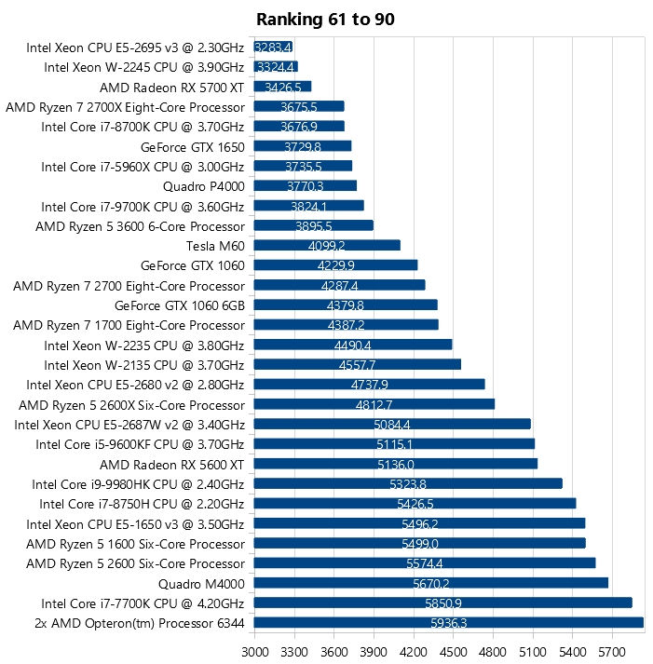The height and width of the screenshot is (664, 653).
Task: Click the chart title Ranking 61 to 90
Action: [326, 19]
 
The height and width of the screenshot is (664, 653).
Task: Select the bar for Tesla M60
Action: [327, 246]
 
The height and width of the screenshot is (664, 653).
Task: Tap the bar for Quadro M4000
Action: [430, 584]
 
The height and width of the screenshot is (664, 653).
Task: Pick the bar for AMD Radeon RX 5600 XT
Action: [395, 464]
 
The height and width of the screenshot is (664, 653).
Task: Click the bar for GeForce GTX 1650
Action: [302, 146]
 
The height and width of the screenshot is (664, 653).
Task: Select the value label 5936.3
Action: [449, 624]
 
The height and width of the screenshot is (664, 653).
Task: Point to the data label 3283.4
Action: [273, 47]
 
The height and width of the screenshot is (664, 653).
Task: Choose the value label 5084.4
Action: [391, 425]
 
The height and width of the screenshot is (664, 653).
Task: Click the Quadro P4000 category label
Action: [203, 186]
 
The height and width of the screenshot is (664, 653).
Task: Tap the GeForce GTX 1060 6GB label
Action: [180, 305]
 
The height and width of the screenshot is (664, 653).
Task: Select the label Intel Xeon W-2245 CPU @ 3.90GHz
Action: [144, 67]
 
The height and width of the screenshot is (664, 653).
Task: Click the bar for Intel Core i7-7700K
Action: [442, 603]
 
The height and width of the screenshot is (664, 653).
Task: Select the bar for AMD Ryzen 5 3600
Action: [313, 225]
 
